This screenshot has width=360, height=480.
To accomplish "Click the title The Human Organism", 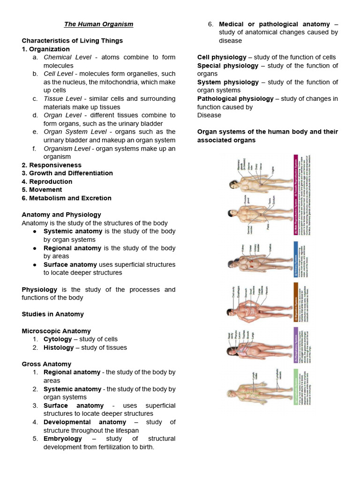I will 98,24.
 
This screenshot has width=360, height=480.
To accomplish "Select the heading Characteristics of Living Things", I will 72,41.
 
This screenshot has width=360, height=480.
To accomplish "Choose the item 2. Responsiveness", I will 52,165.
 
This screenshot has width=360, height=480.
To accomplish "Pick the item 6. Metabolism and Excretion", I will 67,198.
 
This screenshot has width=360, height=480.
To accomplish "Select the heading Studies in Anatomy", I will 53,314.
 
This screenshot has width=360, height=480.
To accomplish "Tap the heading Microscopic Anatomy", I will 56,331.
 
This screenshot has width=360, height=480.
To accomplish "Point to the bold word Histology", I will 59,347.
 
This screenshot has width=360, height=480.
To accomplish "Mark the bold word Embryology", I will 63,439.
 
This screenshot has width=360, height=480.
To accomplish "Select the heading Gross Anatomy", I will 46,364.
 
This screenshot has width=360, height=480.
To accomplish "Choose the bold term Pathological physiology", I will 235,98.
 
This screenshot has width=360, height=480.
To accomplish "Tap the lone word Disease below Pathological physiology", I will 209,115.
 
